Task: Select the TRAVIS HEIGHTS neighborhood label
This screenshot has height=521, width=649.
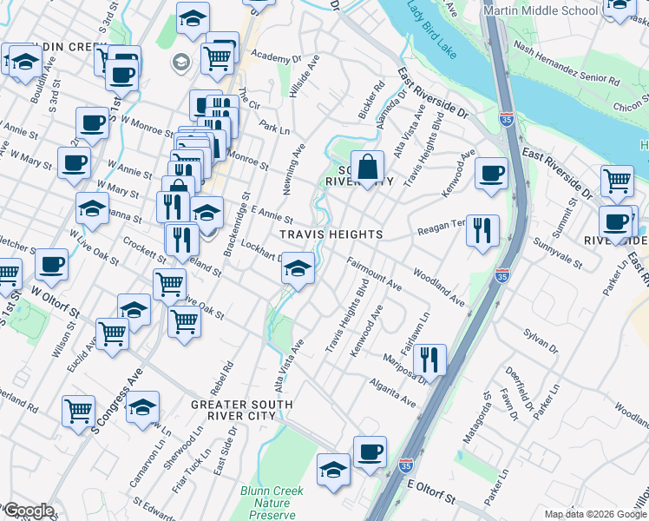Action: pos(331,235)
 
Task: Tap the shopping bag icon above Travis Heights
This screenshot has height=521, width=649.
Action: pos(368,166)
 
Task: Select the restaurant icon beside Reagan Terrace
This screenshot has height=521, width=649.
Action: pos(482,230)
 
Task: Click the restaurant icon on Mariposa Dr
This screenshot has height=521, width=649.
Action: pos(429,359)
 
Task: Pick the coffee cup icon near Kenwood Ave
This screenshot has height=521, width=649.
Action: pos(491,174)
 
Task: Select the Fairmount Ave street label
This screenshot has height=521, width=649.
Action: pos(374,273)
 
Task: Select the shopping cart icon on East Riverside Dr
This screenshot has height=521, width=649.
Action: pos(617,181)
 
